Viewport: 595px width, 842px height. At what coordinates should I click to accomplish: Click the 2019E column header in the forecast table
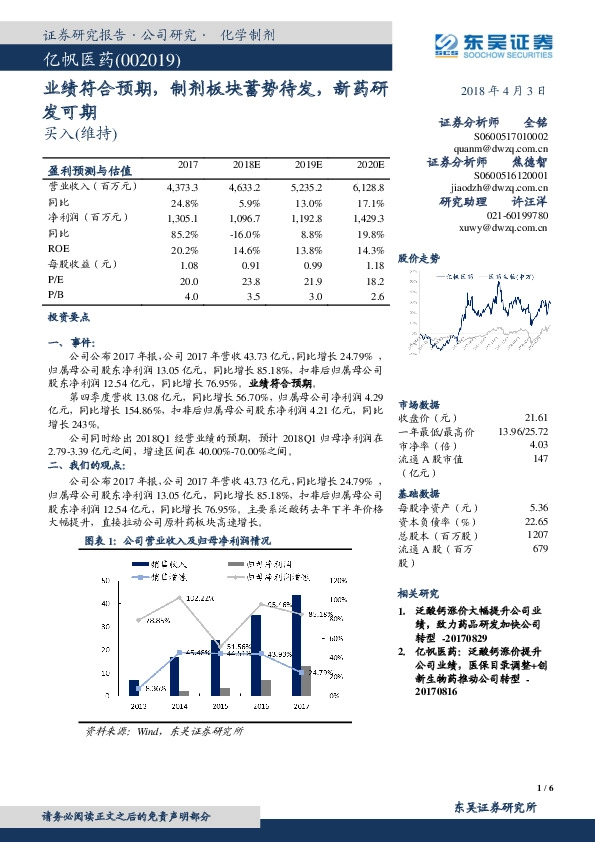point(308,164)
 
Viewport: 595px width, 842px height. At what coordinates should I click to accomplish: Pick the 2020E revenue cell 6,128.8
point(364,187)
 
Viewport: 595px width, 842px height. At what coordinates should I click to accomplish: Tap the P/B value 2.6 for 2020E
point(376,297)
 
